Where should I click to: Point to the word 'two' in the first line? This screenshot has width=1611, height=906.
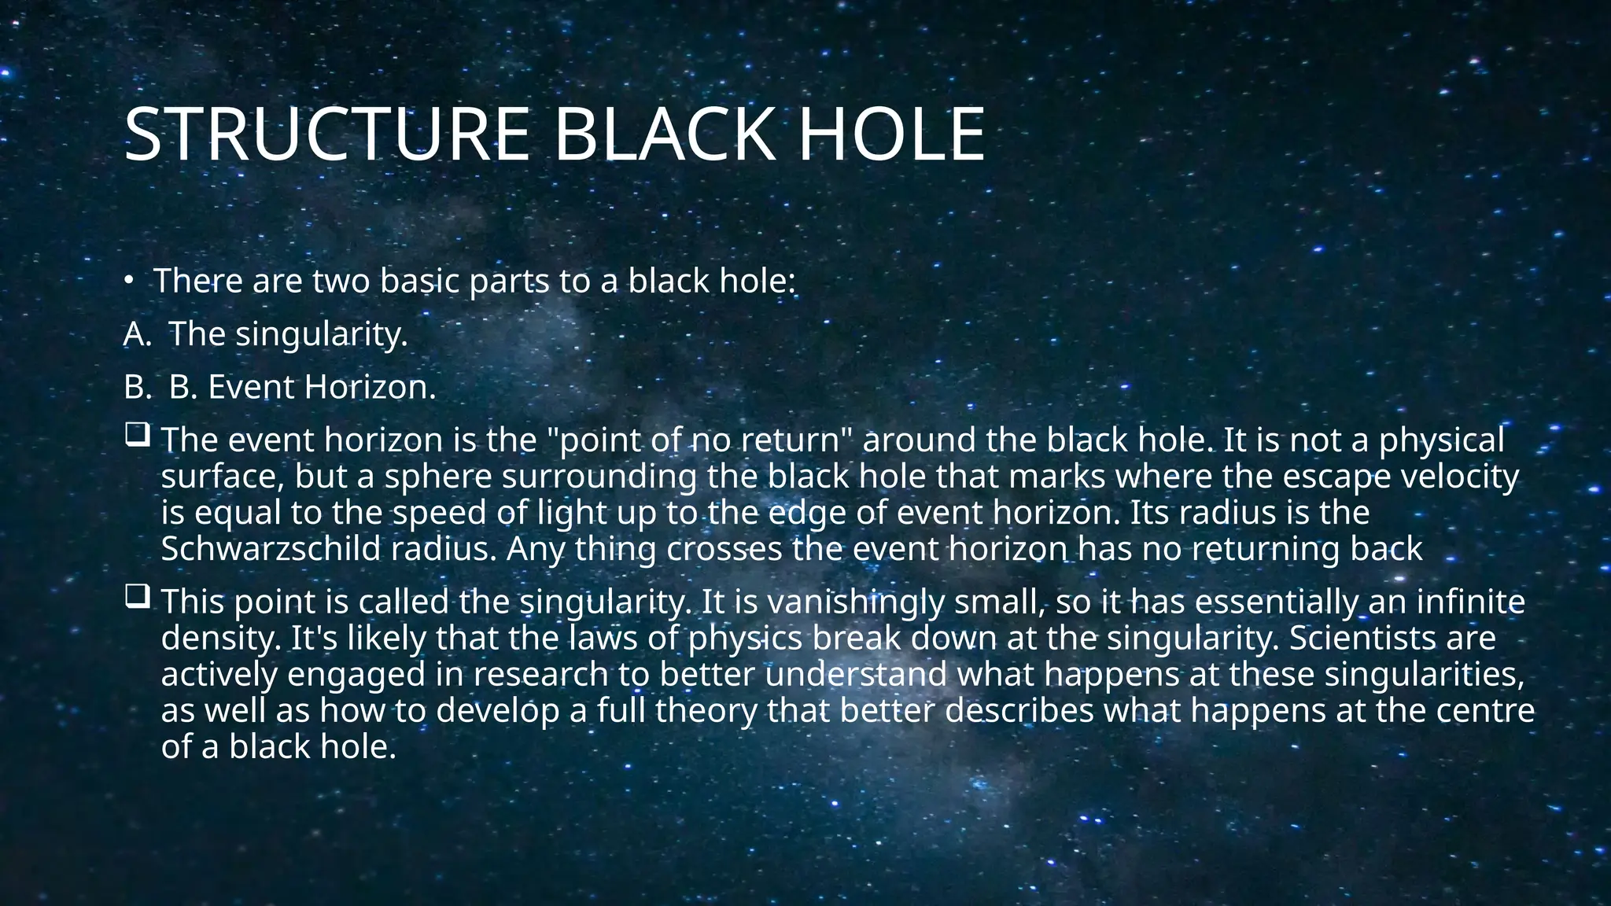tap(341, 282)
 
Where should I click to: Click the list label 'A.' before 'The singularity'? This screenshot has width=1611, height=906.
tap(136, 334)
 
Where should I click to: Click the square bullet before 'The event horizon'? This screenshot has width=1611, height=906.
tap(137, 435)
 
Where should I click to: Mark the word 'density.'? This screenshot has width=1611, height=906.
tap(221, 638)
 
